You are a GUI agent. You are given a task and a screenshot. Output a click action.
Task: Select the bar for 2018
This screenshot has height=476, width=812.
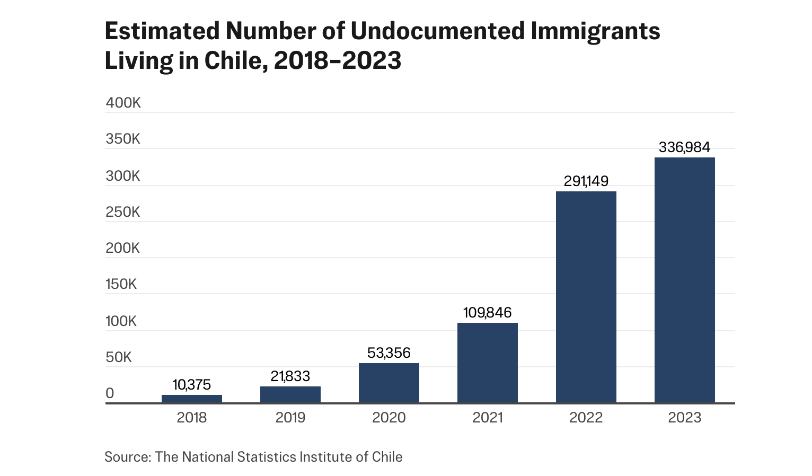191,399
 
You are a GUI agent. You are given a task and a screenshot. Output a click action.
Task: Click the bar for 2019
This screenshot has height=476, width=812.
290,394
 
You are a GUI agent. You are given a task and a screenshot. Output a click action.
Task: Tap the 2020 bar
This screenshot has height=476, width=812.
389,383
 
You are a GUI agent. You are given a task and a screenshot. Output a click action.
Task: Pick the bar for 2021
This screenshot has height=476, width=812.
487,363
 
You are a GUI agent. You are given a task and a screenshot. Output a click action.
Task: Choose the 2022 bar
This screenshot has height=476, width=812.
586,297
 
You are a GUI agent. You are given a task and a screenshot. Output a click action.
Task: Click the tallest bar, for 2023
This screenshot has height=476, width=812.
684,280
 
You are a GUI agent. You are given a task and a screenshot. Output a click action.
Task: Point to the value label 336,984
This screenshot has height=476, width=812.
684,147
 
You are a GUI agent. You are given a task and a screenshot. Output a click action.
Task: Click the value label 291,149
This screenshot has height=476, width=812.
586,181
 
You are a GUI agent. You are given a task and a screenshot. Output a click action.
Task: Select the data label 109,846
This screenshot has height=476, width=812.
487,313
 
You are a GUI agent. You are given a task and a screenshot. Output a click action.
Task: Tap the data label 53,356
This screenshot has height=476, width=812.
389,353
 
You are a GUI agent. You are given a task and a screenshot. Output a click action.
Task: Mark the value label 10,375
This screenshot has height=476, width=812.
191,385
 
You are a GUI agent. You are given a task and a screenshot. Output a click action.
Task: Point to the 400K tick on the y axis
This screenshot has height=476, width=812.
123,103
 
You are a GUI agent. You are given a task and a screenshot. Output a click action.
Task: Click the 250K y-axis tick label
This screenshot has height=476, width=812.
123,212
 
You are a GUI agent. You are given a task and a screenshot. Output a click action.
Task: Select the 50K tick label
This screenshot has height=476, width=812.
118,357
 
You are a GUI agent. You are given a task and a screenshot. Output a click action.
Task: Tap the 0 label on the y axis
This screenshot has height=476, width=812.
110,393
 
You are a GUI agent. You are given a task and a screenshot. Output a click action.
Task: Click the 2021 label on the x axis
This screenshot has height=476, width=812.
487,418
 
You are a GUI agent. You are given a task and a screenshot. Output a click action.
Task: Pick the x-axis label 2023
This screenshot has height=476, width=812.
684,418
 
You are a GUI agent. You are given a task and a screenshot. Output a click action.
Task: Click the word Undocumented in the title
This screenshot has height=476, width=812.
437,31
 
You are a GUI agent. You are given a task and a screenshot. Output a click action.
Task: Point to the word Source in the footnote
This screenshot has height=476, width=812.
127,457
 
